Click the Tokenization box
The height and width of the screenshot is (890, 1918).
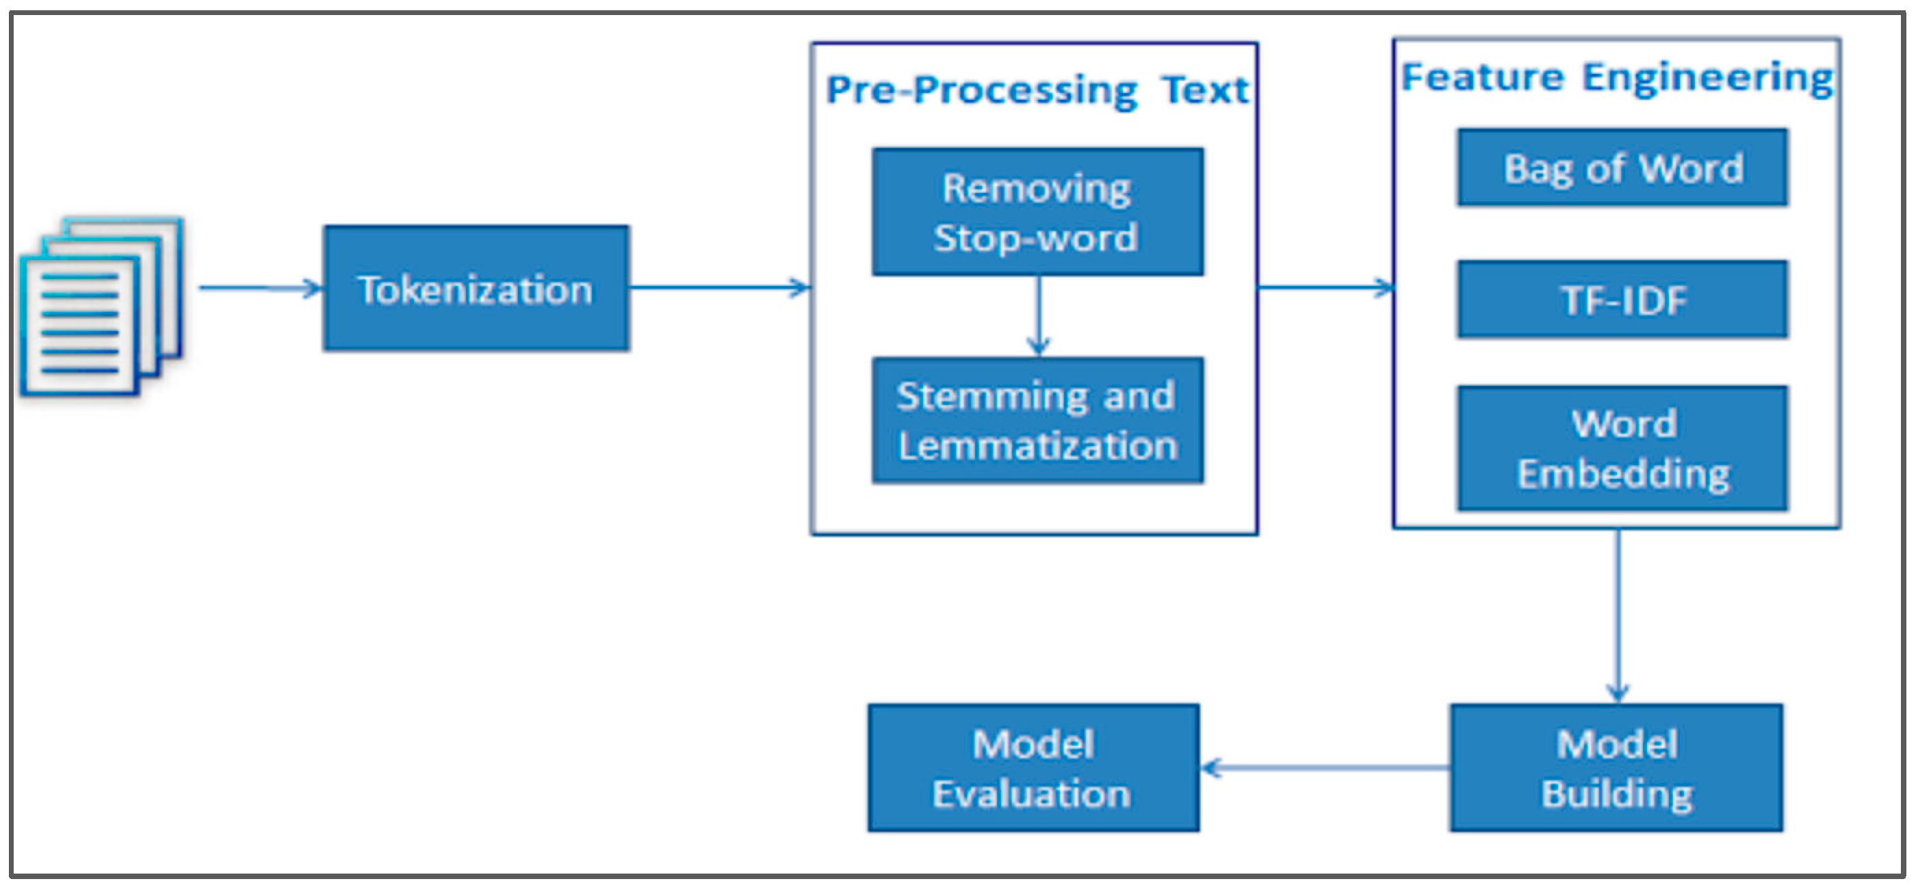click(476, 288)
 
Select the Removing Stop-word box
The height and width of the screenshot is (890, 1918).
click(1037, 212)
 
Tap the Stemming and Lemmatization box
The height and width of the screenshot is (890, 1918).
click(1037, 421)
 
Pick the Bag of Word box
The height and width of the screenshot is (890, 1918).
click(1622, 168)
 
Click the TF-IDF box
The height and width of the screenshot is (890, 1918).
click(1622, 300)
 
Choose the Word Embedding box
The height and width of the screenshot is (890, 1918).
click(1622, 448)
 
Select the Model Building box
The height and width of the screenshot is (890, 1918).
click(1616, 768)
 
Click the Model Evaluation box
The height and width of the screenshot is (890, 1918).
click(1033, 768)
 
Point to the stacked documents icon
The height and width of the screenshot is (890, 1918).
click(101, 306)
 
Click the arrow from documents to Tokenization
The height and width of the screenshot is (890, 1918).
click(261, 288)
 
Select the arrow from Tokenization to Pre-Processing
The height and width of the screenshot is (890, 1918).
click(719, 287)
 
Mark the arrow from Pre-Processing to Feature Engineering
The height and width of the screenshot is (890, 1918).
click(1325, 287)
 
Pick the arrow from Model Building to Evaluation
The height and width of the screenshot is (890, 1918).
click(1325, 768)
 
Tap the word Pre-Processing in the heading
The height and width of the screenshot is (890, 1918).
click(981, 91)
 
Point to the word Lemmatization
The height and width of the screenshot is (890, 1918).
click(1037, 447)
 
